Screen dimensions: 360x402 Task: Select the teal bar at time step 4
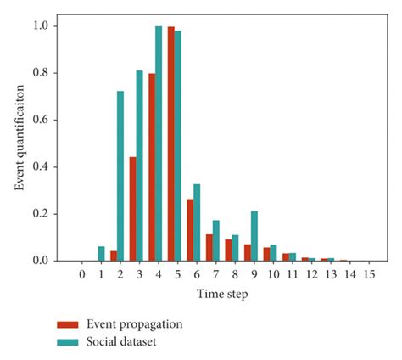159,143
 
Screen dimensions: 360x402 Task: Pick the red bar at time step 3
132,209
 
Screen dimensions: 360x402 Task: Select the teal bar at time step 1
102,254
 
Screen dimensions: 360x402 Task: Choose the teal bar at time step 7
216,240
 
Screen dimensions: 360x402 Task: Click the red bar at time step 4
151,167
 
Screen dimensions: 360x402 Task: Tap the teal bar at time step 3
140,166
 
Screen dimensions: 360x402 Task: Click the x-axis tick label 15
369,273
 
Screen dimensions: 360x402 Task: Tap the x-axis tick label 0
82,273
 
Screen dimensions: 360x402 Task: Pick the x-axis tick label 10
273,273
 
